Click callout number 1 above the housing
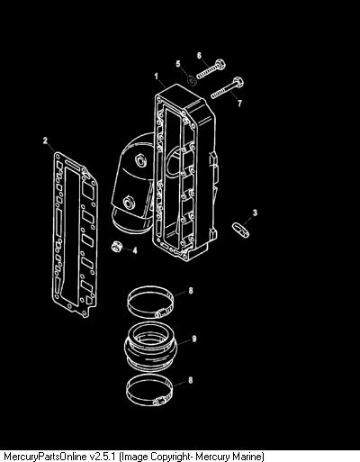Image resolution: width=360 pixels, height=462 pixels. (156, 77)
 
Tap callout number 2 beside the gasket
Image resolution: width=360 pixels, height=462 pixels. (45, 140)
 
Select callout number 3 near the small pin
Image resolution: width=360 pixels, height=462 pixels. (255, 213)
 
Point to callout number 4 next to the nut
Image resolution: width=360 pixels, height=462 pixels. (135, 250)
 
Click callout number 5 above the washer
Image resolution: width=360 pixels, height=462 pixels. (178, 64)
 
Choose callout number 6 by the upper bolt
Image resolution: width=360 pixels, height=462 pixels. (199, 56)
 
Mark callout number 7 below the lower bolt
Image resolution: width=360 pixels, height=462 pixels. (239, 104)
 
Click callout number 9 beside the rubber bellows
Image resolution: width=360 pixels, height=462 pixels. (194, 339)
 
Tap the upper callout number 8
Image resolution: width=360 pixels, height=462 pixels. (191, 291)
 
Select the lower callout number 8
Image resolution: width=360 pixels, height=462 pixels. (191, 380)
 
